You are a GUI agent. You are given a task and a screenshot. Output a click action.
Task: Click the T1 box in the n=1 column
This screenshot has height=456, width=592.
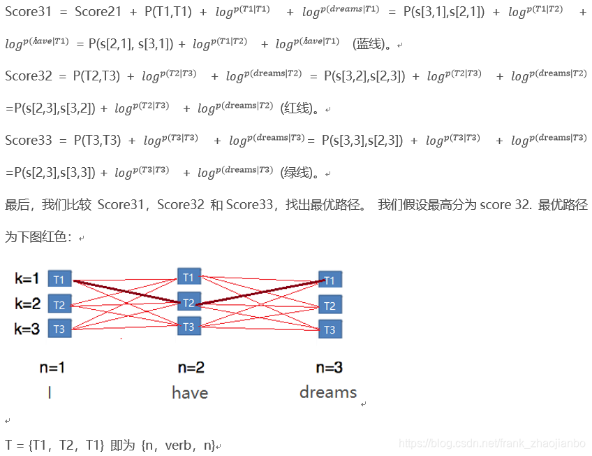point(59,280)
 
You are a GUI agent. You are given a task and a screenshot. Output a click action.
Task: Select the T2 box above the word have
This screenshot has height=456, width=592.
point(188,302)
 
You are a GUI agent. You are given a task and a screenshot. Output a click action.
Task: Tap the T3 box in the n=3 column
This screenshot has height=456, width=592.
point(330,329)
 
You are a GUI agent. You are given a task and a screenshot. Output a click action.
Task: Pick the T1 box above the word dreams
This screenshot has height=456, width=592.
point(330,280)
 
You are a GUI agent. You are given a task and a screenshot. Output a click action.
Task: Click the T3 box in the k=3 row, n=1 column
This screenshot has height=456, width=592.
point(59,329)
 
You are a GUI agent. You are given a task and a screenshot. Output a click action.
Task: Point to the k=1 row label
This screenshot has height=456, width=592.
point(27,279)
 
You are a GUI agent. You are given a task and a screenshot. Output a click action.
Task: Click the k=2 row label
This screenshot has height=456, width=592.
point(27,304)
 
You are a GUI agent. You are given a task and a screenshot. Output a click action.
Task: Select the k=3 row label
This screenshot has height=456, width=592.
point(27,329)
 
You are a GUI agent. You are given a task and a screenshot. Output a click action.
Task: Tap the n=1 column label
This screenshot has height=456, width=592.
point(52,367)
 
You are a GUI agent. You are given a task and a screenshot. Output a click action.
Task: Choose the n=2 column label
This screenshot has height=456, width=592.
point(190,367)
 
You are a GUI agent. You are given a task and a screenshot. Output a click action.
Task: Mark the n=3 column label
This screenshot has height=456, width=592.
point(330,367)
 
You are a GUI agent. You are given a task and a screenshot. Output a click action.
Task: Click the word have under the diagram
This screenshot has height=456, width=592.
point(190,393)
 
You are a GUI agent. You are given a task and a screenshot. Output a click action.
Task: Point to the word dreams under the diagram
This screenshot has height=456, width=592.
point(328,392)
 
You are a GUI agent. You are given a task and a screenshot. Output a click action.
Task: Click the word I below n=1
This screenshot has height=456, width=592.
point(50,393)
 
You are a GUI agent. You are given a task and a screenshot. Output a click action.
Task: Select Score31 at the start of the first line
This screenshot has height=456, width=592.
point(29,12)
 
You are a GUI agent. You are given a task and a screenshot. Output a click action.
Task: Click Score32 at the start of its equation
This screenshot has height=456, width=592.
point(29,76)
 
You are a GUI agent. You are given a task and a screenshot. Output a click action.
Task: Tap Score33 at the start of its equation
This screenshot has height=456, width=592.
point(29,140)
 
